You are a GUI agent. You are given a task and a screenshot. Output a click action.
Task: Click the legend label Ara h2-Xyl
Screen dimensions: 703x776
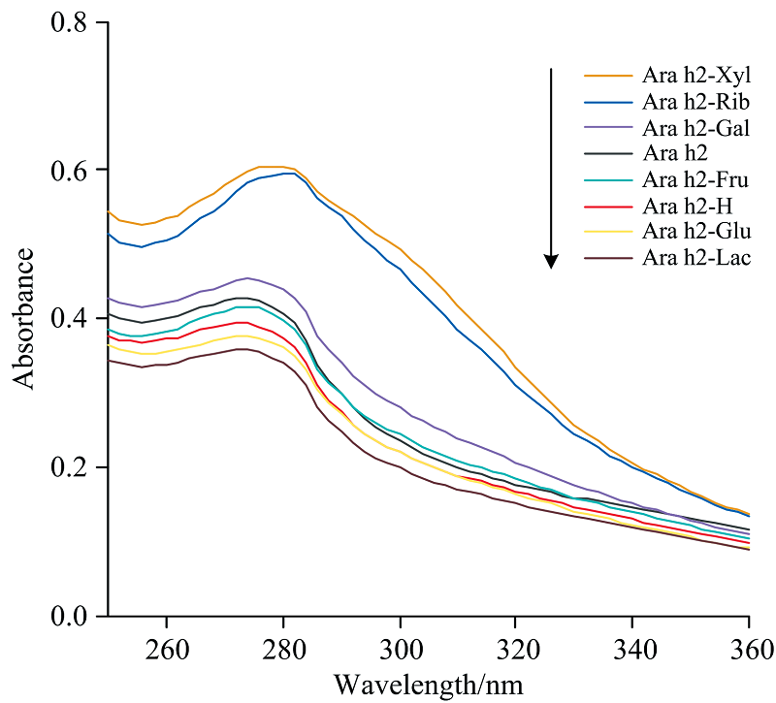(x=696, y=75)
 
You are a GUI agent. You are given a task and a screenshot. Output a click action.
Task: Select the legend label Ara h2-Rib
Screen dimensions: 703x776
(x=696, y=101)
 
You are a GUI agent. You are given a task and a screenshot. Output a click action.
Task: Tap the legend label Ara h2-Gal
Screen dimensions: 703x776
(x=696, y=127)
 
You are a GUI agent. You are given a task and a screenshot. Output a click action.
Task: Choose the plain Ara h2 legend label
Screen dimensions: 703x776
(x=675, y=152)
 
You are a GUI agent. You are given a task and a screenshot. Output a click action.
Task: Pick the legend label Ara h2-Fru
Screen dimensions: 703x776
(x=696, y=178)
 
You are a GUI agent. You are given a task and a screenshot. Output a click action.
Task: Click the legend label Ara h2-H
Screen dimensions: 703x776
(x=688, y=205)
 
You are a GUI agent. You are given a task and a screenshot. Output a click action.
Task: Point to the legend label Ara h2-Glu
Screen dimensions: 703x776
(x=696, y=231)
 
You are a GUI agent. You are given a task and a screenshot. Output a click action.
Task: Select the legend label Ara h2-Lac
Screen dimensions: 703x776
(x=696, y=257)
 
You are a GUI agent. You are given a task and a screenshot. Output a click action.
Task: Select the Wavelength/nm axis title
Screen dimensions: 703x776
(x=429, y=685)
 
